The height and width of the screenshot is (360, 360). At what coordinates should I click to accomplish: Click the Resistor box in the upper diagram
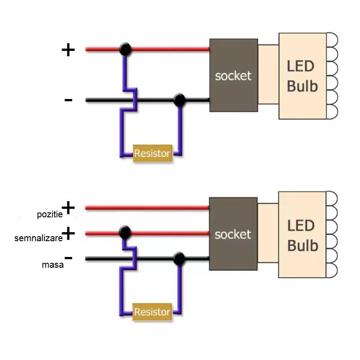pos(153,153)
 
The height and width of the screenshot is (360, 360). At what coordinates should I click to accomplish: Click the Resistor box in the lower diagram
pos(153,312)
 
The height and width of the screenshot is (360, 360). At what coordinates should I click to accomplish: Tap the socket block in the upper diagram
pos(233,76)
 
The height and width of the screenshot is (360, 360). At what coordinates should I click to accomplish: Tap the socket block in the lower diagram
pos(233,234)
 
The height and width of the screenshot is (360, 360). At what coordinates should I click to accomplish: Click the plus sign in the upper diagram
pos(68,49)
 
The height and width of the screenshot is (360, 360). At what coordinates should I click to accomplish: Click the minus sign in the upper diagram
pos(68,99)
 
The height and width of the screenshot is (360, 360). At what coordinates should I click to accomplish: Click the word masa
pos(53,265)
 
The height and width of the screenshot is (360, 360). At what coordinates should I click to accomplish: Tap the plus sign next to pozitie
pos(68,207)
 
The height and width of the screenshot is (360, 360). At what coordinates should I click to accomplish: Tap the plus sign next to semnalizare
pos(68,234)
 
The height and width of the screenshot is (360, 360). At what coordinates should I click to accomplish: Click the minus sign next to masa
pos(68,258)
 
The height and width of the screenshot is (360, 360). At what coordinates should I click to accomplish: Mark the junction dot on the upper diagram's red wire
pos(126,49)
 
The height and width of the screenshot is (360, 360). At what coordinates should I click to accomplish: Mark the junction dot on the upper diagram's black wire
pos(180,100)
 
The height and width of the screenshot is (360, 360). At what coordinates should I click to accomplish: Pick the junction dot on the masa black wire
pos(179,258)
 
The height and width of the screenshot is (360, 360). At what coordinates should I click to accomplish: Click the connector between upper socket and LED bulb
pos(268,75)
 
